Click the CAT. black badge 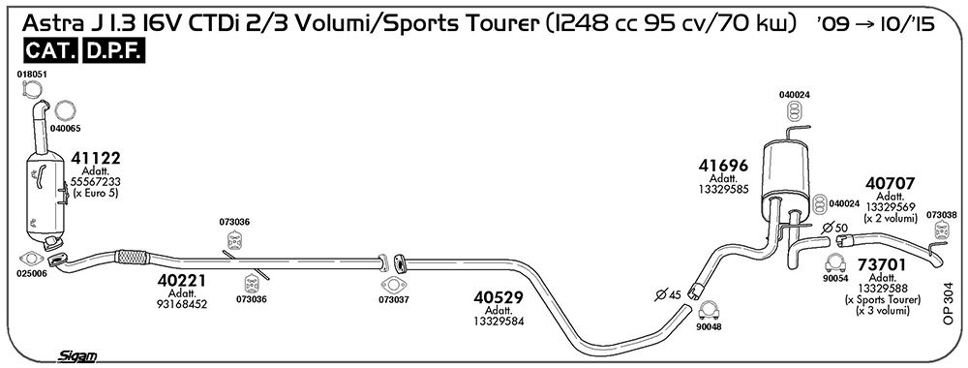tap(51, 51)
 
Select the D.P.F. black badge tap(113, 51)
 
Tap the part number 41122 tap(96, 158)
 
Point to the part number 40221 tap(182, 280)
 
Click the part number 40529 tap(499, 297)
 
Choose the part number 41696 tap(723, 166)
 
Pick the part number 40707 tap(890, 183)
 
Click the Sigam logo tap(77, 355)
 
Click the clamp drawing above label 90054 tap(835, 263)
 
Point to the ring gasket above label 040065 tap(65, 111)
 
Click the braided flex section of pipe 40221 tap(132, 257)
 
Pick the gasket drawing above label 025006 tap(32, 260)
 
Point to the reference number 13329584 tap(499, 322)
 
